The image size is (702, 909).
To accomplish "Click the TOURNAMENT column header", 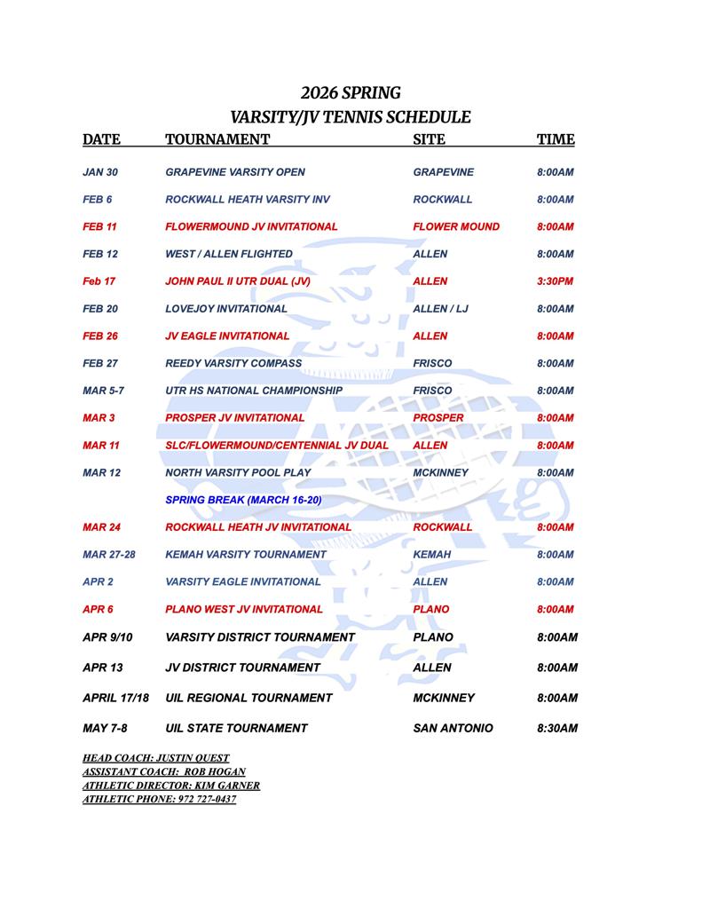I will pos(217,139).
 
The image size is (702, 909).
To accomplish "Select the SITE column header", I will pos(430,139).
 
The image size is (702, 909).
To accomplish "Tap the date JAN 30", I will pos(100,172).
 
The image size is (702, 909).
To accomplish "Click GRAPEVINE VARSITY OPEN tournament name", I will pos(235,172).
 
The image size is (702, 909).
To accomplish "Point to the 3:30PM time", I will pos(556,281).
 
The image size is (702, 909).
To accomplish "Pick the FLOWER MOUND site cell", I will pos(456,226).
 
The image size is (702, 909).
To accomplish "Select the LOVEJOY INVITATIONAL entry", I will pos(226,309).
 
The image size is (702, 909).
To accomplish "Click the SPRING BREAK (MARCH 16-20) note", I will pos(243,500).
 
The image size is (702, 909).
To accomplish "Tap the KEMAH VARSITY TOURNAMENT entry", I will pos(246,555).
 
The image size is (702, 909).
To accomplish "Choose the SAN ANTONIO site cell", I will pos(453,729).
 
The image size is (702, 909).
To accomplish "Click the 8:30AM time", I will pos(557,729).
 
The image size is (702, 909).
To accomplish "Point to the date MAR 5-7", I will pos(105,391).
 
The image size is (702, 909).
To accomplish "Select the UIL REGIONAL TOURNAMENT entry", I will pos(248,699).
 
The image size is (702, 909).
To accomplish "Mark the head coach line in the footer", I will pos(156,758).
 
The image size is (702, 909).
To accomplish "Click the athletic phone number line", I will pos(159,799).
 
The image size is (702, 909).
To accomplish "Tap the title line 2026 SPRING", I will pos(351,92).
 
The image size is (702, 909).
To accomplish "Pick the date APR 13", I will pos(103,668).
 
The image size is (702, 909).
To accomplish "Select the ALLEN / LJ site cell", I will pos(441,309).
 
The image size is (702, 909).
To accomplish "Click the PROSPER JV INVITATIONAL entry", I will pos(235,418).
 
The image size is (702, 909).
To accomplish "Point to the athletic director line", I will pos(171,786).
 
